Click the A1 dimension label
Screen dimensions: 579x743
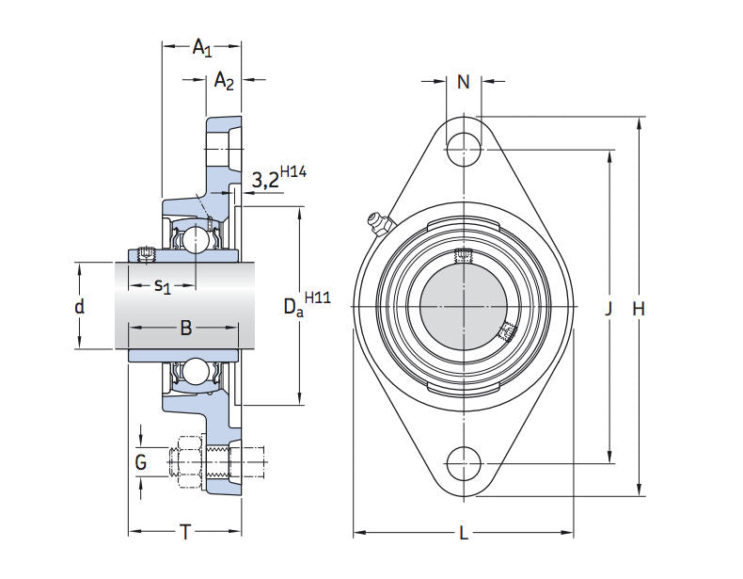coord(202,47)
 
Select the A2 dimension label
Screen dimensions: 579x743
coord(224,82)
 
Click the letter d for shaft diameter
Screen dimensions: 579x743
coord(80,306)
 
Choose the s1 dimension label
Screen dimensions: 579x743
coord(162,284)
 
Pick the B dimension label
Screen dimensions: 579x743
coord(186,328)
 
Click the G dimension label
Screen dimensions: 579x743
coord(141,461)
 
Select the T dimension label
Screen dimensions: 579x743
coord(185,533)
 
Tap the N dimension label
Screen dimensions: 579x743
coord(463,83)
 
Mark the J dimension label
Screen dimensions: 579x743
coord(609,308)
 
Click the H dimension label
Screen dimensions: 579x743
coord(640,308)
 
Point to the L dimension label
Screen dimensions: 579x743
coord(464,534)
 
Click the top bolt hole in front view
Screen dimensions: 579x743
coord(463,148)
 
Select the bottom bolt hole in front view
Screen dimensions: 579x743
coord(463,463)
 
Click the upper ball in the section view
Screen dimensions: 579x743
coord(196,239)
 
